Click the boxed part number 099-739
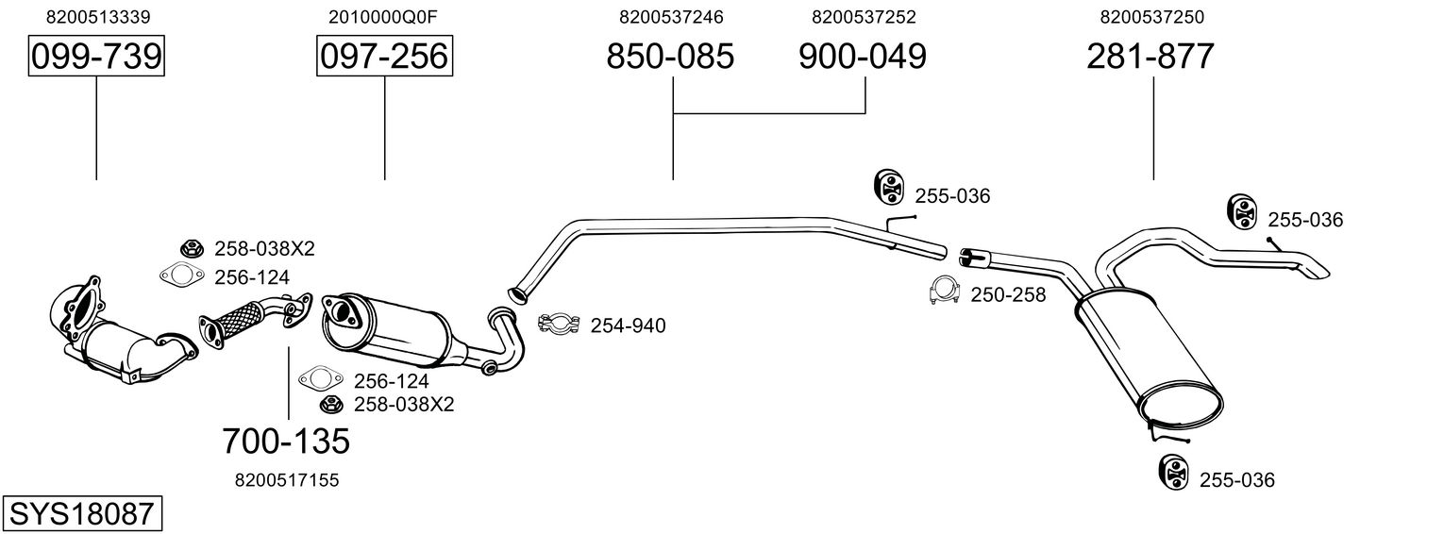click(96, 57)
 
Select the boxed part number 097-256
click(384, 57)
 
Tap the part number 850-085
click(669, 57)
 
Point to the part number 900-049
click(863, 57)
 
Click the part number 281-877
click(1150, 57)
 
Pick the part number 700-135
click(286, 440)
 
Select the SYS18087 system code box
click(81, 513)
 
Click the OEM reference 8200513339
click(97, 17)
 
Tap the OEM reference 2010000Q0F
click(384, 17)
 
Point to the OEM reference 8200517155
click(286, 480)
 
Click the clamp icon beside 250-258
click(943, 292)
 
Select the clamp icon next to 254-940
click(558, 325)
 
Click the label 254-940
click(628, 326)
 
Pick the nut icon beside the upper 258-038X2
click(192, 248)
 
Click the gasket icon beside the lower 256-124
click(320, 380)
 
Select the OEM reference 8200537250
click(1150, 17)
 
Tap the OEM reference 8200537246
click(671, 17)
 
